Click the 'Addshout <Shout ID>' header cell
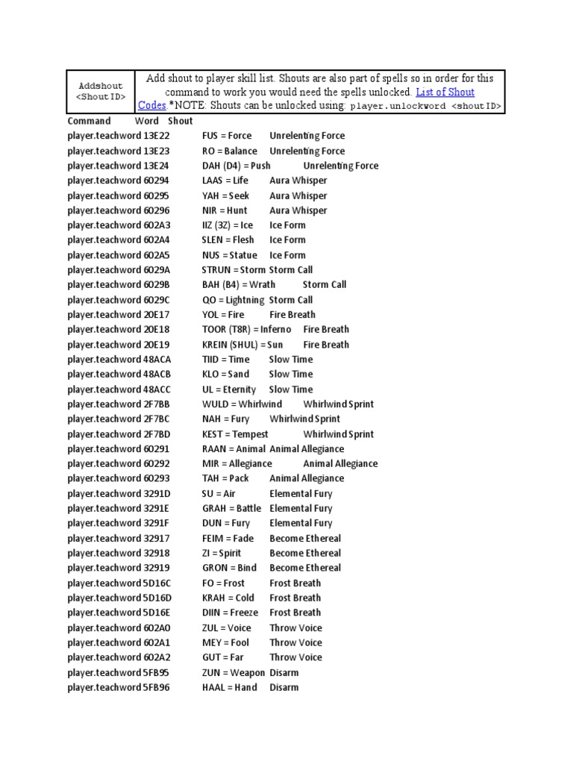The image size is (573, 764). [101, 91]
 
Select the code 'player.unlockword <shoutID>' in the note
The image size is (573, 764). [426, 107]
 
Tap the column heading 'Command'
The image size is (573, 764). [89, 121]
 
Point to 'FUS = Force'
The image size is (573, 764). [227, 136]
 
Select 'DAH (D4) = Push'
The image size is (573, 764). [236, 166]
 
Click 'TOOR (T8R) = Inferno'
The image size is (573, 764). [246, 330]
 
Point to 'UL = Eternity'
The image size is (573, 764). [228, 389]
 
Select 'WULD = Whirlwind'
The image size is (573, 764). [242, 404]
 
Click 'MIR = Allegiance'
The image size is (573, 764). [237, 464]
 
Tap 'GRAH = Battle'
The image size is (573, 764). [231, 509]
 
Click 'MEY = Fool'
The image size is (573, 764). [225, 642]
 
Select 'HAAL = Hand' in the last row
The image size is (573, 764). [228, 687]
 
